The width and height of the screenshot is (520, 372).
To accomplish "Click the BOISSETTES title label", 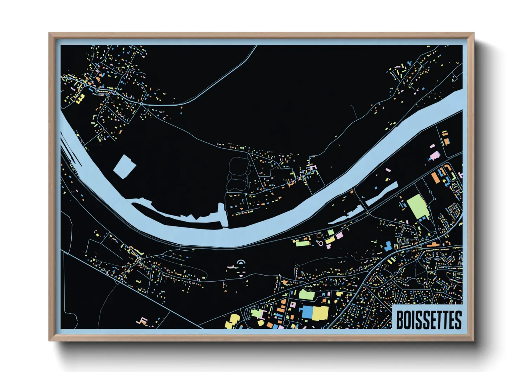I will click(428, 320).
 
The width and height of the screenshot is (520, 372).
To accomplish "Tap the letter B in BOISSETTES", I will click(400, 320).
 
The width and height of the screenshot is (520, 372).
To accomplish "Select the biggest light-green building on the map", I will click(418, 206).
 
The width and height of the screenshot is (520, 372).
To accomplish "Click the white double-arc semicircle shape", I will click(241, 262).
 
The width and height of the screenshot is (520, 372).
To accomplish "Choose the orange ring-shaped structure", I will click(319, 236).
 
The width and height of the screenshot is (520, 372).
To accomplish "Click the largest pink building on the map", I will click(435, 155).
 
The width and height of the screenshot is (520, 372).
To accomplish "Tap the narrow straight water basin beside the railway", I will click(382, 194).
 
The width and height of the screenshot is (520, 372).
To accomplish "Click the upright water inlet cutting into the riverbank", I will click(222, 215).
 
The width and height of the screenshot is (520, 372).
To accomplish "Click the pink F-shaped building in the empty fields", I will click(143, 320).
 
